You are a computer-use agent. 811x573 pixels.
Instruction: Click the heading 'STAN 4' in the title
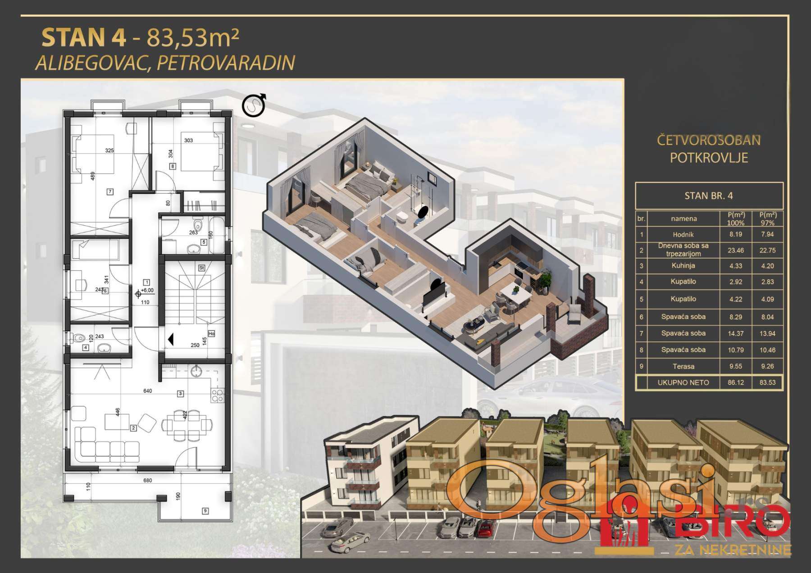coord(84,37)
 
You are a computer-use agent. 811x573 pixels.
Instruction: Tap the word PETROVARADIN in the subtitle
coord(226,63)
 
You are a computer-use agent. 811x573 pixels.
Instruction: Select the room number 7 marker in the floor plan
coord(110,192)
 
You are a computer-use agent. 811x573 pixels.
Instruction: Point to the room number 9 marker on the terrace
coord(205,511)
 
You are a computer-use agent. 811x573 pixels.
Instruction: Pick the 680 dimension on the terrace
coord(147,481)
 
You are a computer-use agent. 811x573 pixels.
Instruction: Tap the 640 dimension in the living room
coord(147,391)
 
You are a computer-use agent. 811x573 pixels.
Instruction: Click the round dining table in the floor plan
coord(187,424)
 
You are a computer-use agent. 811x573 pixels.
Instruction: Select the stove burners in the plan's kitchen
coord(218,395)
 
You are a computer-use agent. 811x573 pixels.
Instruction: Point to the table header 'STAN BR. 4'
coord(709,196)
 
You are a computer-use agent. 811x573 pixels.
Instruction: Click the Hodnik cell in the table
coord(683,234)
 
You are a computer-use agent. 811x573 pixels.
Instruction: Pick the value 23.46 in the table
coord(736,250)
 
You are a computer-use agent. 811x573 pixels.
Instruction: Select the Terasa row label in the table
coord(683,366)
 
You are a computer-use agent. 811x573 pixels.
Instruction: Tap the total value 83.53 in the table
coord(767,382)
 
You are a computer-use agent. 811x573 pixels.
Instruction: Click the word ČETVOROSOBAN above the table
coord(709,140)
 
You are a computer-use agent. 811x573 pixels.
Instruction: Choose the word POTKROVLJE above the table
coord(709,158)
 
